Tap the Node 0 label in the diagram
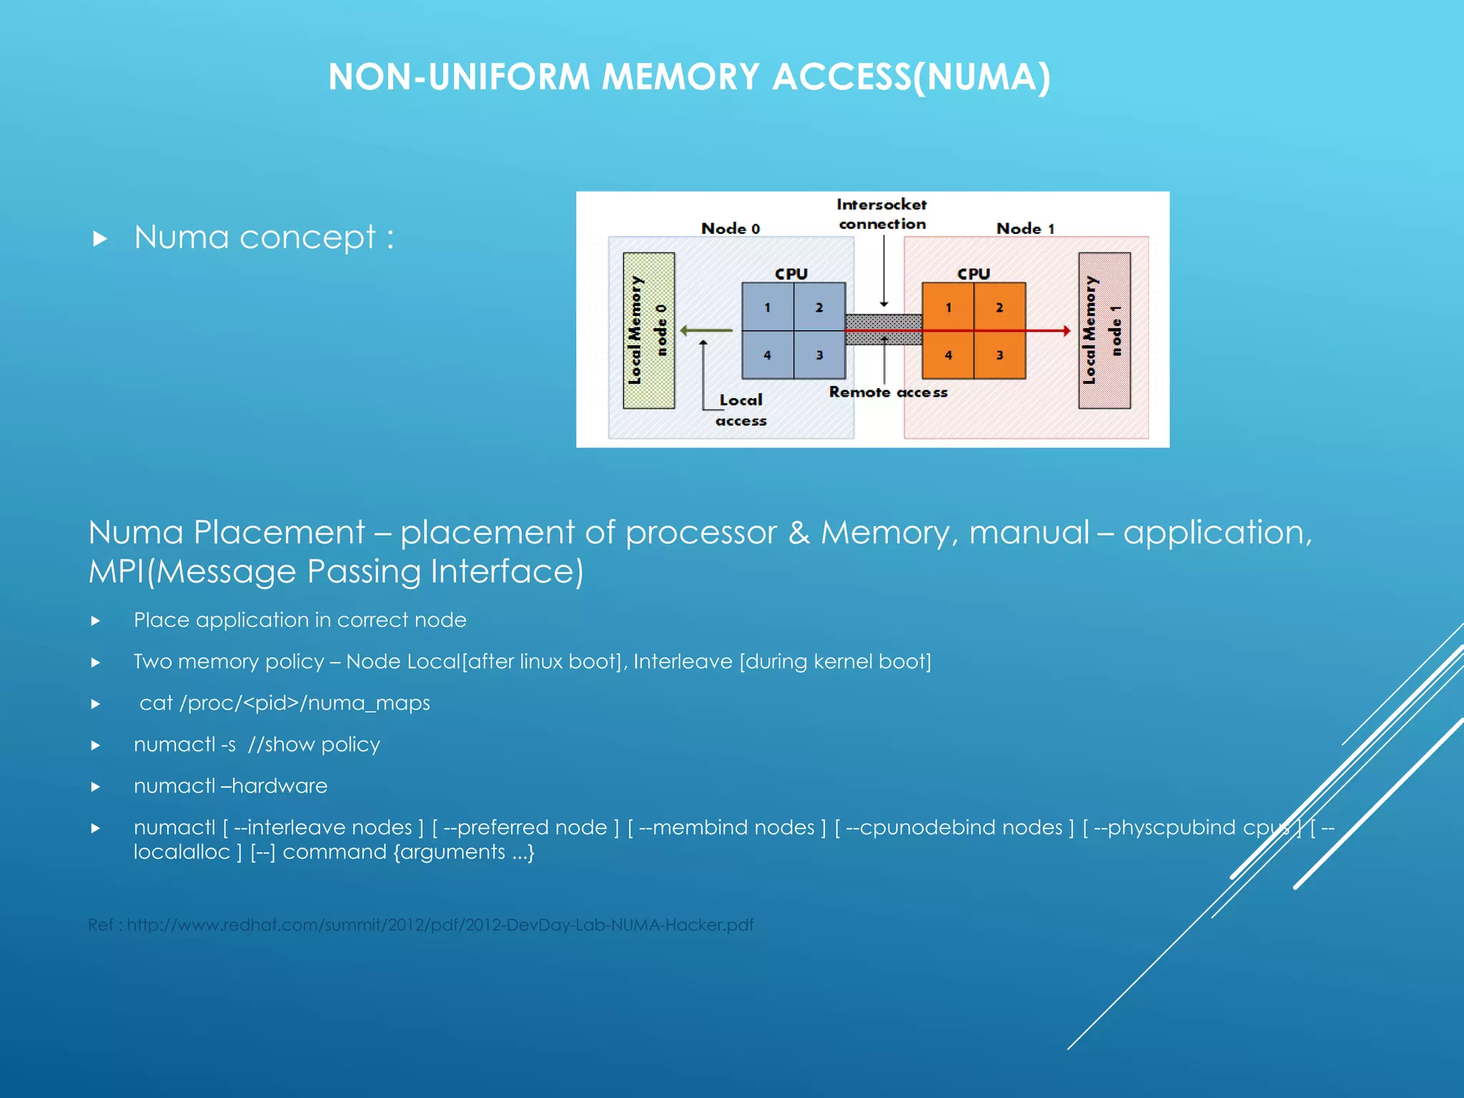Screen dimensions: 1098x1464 [x=730, y=229]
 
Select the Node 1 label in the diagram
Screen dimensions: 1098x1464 [x=1025, y=229]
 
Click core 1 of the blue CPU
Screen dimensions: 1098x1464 [x=768, y=307]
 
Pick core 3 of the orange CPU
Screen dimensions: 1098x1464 [x=999, y=355]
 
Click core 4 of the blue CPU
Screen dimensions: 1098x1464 [x=768, y=355]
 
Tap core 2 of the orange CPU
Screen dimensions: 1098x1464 [x=999, y=307]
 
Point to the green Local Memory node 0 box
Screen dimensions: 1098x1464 [x=648, y=330]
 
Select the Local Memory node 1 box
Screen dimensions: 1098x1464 [x=1104, y=330]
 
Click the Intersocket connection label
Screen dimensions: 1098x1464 [x=881, y=214]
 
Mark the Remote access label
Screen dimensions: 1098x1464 [x=888, y=392]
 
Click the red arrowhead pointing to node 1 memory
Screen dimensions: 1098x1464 [x=1066, y=331]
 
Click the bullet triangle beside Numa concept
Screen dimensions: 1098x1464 [x=100, y=239]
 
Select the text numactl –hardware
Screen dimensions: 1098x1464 [x=230, y=786]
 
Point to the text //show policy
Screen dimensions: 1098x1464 [x=314, y=744]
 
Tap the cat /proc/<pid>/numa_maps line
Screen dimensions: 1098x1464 [x=285, y=703]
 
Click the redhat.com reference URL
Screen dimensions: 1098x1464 [x=440, y=925]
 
